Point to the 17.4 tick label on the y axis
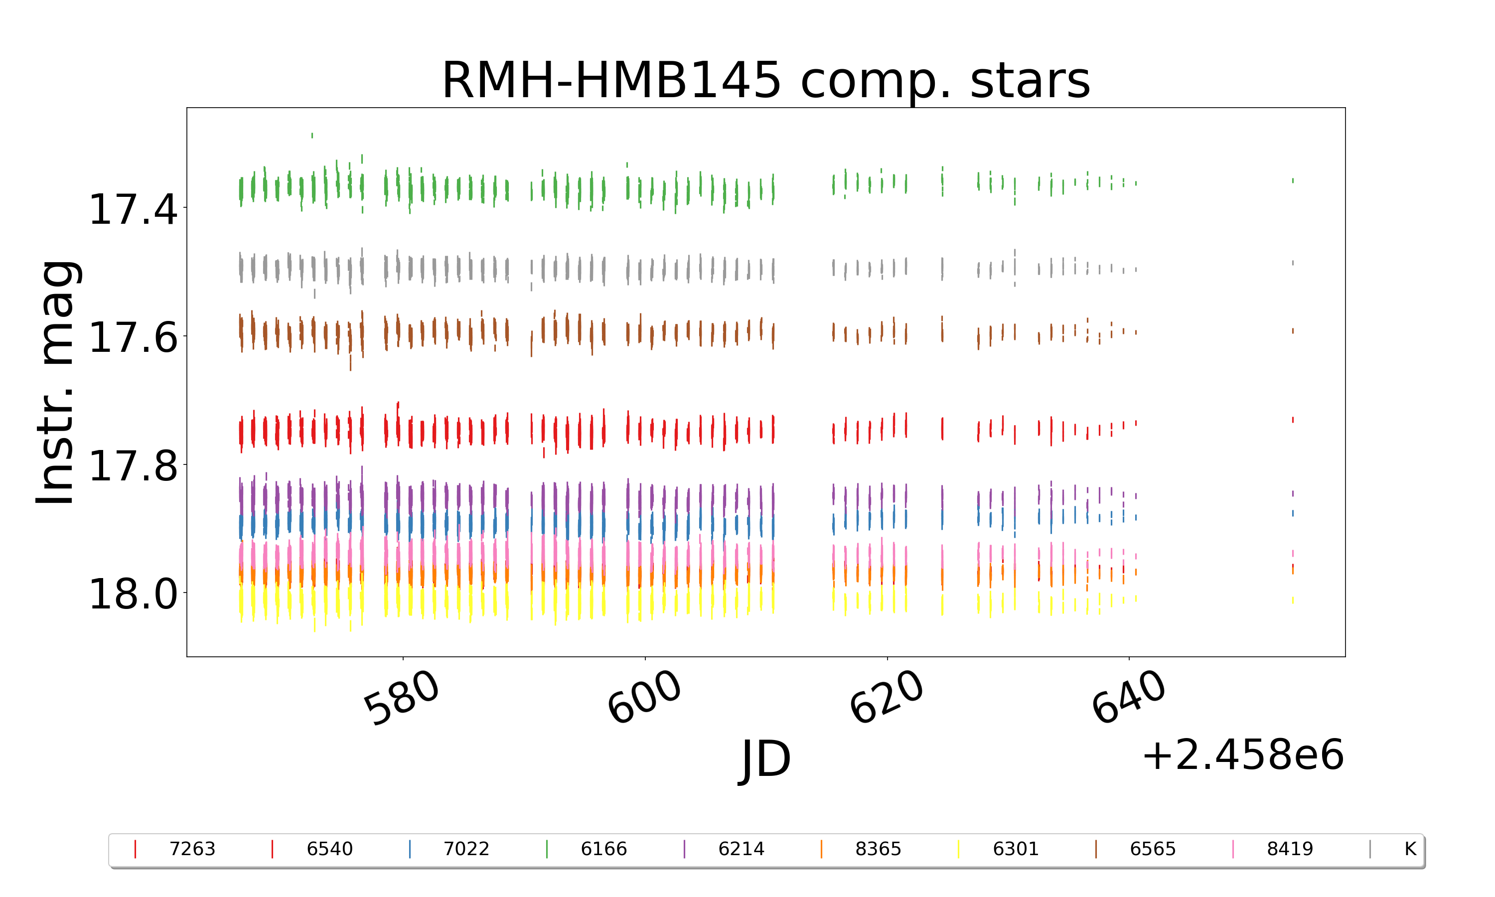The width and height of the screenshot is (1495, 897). click(133, 210)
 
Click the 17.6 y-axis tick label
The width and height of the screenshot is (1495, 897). click(133, 337)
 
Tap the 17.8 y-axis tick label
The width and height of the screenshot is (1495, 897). click(133, 466)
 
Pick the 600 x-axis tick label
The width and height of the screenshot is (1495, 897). click(644, 698)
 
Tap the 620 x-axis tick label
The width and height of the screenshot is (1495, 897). click(887, 698)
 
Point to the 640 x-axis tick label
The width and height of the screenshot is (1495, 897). click(1128, 698)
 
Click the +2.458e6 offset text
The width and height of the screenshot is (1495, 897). click(1242, 755)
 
